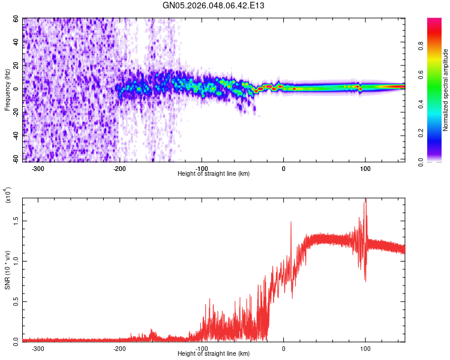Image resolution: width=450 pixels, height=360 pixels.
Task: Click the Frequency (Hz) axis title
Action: (8, 90)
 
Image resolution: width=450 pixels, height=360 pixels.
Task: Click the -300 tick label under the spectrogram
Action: (38, 169)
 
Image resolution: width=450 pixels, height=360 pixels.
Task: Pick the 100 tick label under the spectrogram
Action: (365, 169)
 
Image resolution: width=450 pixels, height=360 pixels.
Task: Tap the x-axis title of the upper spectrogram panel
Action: (214, 174)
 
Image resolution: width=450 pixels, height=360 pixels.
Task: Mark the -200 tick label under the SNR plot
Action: (119, 347)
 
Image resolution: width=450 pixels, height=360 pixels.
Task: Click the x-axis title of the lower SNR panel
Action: (214, 353)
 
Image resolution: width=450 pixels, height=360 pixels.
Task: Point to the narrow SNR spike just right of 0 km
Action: (291, 222)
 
